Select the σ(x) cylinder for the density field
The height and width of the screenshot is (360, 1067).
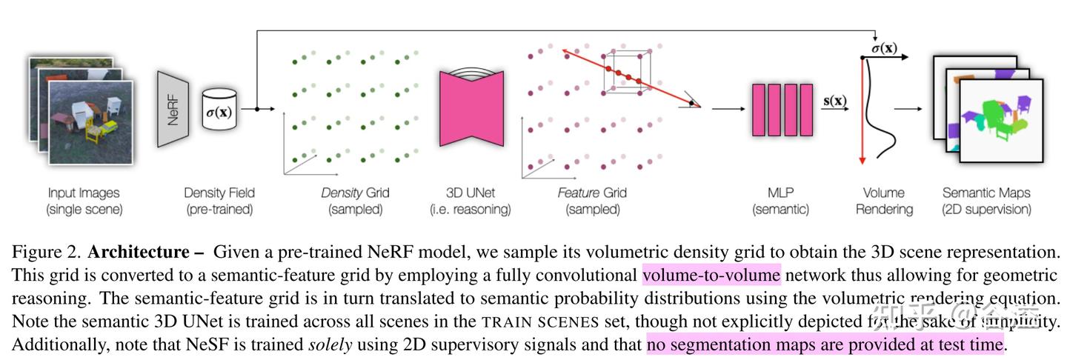219,110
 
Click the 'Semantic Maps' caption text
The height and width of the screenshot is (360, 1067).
986,193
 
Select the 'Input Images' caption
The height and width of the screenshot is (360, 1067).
84,193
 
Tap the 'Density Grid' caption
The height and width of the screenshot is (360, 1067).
355,193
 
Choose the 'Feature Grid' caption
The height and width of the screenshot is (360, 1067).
592,193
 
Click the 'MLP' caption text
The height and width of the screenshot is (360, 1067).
780,193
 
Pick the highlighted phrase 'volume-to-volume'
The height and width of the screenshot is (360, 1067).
711,276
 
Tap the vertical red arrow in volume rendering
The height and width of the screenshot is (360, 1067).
862,111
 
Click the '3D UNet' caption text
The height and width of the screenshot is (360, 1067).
471,193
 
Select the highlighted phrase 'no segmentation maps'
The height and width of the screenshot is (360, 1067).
718,344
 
